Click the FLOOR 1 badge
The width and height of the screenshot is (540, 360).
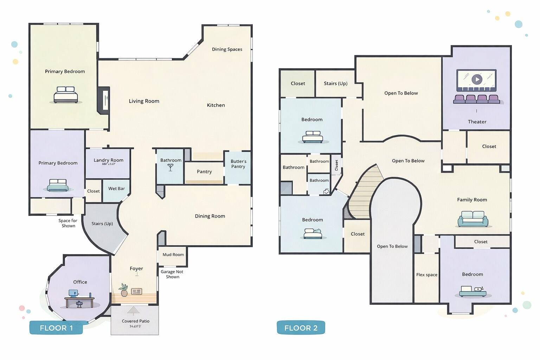pos(56,328)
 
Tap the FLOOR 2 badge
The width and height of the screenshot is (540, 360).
pos(301,328)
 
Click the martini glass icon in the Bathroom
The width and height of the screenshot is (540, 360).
pos(171,168)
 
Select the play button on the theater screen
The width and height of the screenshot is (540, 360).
pos(476,79)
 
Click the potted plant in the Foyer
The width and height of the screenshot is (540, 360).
pos(123,290)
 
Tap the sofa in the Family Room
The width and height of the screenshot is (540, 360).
pos(473,219)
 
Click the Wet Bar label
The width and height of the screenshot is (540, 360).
pos(116,189)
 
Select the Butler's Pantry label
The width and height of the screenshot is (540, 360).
pos(238,164)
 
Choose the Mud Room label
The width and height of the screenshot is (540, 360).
pos(173,255)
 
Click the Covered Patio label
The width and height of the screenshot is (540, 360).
pos(135,321)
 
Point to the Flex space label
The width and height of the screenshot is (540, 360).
pos(427,275)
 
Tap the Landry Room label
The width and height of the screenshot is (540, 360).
pos(108,160)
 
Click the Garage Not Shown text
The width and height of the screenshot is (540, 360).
pos(172,274)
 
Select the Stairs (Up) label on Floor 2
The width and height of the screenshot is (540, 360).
pos(335,84)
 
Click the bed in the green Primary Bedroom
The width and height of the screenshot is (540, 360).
pos(66,95)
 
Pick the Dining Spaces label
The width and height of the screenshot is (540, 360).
pos(227,50)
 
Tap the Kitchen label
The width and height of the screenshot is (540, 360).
pos(216,105)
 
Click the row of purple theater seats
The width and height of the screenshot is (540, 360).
pos(476,99)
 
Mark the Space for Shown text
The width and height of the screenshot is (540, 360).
pos(68,223)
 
